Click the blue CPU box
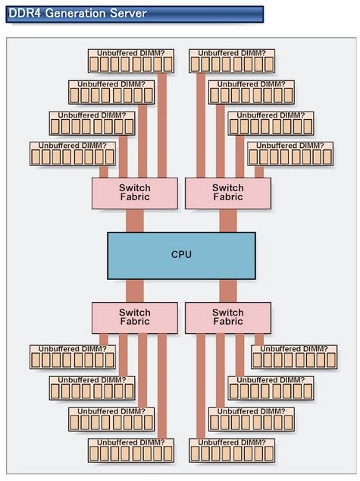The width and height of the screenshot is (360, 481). [x=181, y=256]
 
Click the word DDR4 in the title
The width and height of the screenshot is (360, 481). [x=25, y=14]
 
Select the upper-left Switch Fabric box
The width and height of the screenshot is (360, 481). [x=135, y=193]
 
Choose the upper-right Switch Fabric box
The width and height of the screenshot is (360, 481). [x=228, y=193]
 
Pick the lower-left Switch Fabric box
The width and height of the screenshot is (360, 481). [x=135, y=318]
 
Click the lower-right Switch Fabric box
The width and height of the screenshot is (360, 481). [x=228, y=318]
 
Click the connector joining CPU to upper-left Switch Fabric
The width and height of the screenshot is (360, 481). [x=134, y=221]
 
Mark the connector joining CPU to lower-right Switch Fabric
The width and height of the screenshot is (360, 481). [x=228, y=291]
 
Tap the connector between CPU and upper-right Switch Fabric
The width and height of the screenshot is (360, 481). [x=228, y=221]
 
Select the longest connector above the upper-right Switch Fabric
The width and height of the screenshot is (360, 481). [x=201, y=125]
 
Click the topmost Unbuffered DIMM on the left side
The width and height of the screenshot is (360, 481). [x=131, y=61]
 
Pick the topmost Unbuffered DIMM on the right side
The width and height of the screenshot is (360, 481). [x=232, y=61]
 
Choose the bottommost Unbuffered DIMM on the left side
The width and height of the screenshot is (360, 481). [x=131, y=451]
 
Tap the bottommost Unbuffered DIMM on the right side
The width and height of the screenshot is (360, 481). [x=232, y=451]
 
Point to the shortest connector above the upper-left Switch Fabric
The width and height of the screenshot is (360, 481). [x=104, y=171]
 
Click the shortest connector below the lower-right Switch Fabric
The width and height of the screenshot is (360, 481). [x=259, y=340]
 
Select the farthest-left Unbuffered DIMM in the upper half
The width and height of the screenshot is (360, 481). [x=73, y=153]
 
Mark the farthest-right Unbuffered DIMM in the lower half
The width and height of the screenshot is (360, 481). [x=294, y=357]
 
